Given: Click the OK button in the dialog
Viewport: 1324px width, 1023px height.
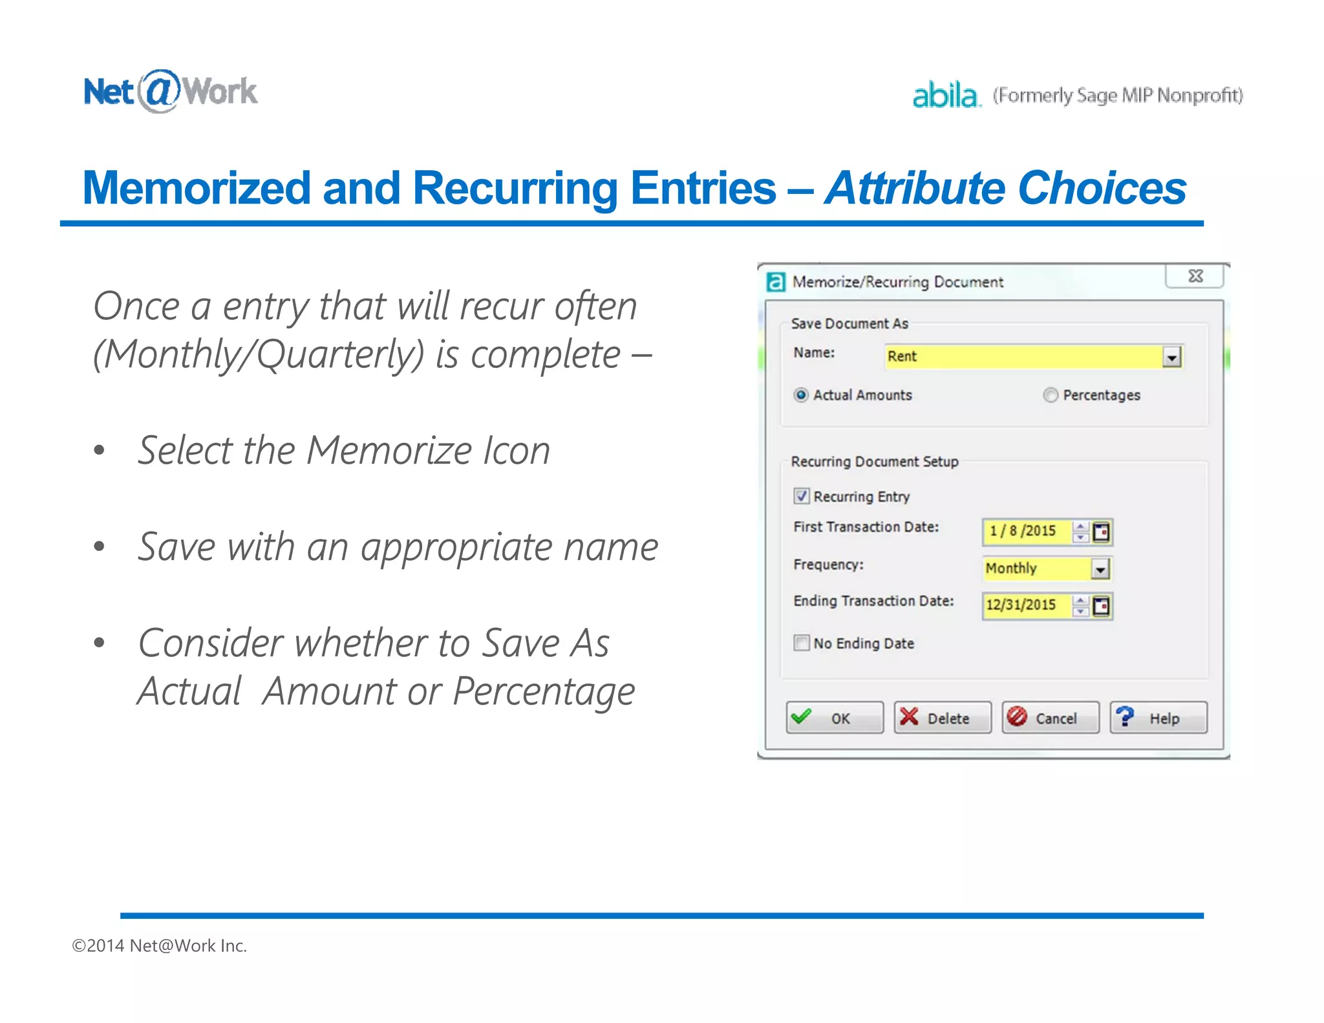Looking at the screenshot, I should [x=834, y=718].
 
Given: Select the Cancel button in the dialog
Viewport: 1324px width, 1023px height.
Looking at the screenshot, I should [x=1050, y=718].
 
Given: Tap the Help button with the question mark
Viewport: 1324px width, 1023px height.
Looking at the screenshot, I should [x=1158, y=718].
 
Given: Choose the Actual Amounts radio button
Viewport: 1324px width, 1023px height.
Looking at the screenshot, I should [x=801, y=395].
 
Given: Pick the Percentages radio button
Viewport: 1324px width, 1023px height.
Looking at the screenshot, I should [x=1051, y=395].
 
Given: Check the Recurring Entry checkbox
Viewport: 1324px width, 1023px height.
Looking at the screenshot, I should [x=802, y=496].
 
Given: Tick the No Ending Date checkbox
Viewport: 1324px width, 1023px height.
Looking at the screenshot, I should [x=802, y=643].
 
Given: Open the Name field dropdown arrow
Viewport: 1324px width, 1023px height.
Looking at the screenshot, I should [x=1171, y=357].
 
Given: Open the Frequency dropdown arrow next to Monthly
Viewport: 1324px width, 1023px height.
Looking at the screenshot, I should [x=1100, y=569].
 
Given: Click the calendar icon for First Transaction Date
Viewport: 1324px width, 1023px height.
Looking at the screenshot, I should [x=1101, y=532].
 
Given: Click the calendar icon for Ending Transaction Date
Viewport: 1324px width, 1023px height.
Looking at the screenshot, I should [x=1101, y=606].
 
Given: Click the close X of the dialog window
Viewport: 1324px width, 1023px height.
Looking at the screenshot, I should [x=1195, y=276].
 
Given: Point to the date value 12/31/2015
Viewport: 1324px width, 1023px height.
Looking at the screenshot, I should [x=1021, y=605].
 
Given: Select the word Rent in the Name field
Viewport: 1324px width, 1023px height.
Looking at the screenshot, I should [x=902, y=356].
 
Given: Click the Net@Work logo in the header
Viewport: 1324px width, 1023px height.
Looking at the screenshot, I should [x=171, y=91].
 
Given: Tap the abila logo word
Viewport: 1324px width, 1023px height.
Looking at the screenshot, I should [x=945, y=96].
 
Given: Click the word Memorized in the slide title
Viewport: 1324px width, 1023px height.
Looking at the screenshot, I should [x=197, y=188].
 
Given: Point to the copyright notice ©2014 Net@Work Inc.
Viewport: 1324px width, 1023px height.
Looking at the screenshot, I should [x=160, y=945].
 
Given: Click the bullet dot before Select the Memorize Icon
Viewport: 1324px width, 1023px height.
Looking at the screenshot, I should [x=99, y=450].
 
